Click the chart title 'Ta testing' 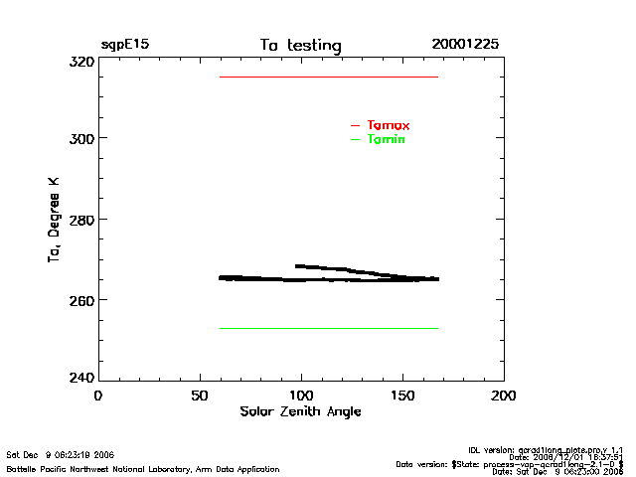300,45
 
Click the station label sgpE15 125,45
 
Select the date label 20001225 465,45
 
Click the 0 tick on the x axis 97,396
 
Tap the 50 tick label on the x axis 199,396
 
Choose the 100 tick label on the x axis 301,396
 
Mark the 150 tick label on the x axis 402,396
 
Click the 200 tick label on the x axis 504,396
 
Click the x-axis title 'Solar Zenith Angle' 300,411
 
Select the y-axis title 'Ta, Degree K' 54,220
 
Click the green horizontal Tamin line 328,328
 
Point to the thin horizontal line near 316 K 328,77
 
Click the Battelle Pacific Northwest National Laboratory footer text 143,468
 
